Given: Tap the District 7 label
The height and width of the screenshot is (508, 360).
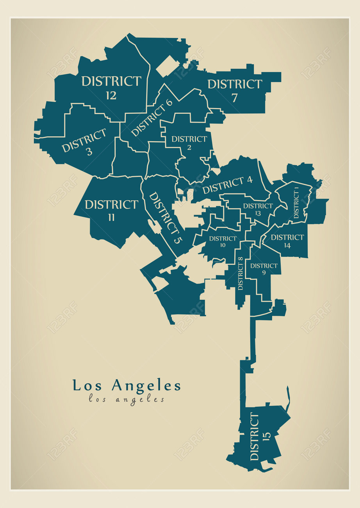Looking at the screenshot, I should click(x=234, y=90).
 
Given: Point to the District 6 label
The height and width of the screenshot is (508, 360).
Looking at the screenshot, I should click(x=151, y=118).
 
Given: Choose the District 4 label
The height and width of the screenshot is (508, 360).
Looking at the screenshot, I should click(x=227, y=184).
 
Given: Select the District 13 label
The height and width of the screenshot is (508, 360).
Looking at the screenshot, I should click(x=258, y=209).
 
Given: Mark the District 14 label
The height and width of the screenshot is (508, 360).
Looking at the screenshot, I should click(x=287, y=241).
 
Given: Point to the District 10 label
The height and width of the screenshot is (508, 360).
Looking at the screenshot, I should click(x=223, y=241).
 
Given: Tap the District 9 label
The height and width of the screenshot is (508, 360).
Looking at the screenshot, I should click(x=264, y=269).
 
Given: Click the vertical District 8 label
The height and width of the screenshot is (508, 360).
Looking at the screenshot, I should click(x=240, y=274).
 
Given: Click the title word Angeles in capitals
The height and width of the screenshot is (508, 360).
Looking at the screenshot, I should click(x=146, y=386).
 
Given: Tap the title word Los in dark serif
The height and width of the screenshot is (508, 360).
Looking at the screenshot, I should click(x=88, y=386).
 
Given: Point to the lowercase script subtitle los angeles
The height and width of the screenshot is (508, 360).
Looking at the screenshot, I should click(x=126, y=399).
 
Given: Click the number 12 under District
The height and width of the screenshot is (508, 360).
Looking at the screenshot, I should click(x=111, y=95).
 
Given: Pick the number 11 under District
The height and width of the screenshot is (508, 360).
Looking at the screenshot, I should click(x=111, y=218).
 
